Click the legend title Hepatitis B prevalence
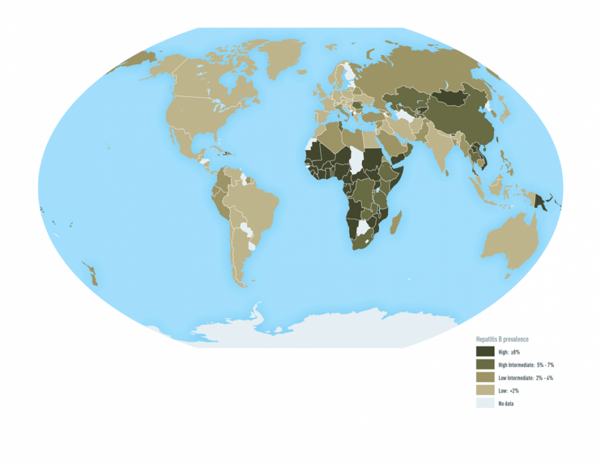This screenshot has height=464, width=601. [503, 339]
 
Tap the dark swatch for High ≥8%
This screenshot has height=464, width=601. [485, 351]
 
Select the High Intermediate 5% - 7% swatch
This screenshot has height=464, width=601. [485, 364]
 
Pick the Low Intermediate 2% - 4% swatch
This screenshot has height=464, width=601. [485, 377]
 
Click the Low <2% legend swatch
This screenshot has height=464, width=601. [485, 390]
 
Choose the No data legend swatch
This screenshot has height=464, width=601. [485, 403]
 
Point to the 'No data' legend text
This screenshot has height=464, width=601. [506, 404]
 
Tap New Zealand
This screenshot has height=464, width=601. [92, 274]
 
